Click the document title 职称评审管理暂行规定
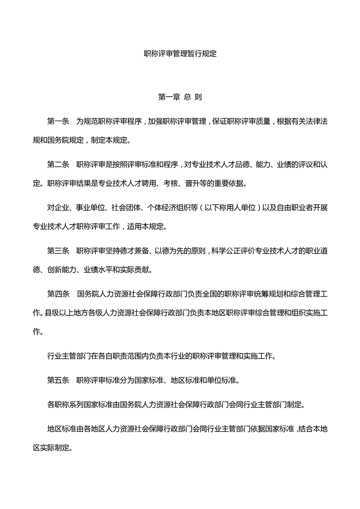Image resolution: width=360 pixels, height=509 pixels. (x=180, y=54)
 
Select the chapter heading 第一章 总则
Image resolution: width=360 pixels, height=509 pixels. (x=180, y=97)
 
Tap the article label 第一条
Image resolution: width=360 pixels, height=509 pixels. (x=58, y=122)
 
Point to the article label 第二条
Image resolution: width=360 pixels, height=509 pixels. (x=58, y=164)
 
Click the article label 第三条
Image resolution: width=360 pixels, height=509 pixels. (x=58, y=250)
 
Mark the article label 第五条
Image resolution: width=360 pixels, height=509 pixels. (x=58, y=380)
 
